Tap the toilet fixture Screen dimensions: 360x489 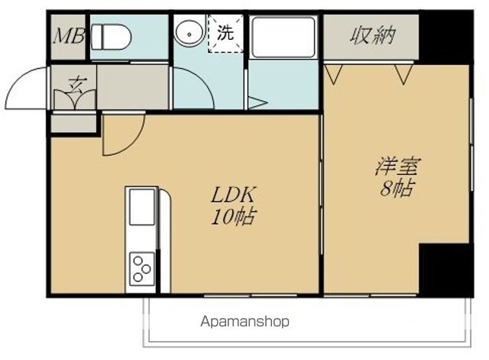point(112,36)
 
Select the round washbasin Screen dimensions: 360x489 point(188,34)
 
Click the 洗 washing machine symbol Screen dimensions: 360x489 point(226,34)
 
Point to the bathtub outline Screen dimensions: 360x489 point(283,37)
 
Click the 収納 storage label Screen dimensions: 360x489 point(372,36)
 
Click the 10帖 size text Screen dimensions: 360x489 point(233,216)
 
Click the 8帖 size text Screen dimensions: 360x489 point(398,188)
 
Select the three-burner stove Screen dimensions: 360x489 point(142,268)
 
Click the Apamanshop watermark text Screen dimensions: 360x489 point(245,322)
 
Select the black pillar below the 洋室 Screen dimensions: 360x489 point(446,269)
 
